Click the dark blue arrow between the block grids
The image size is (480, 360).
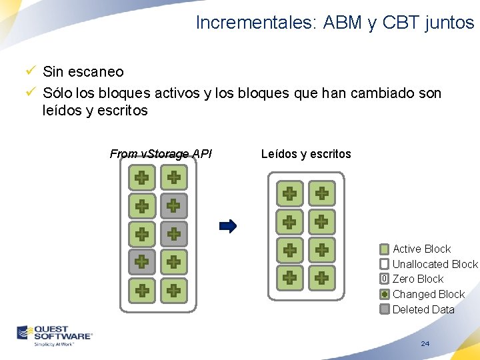click(227, 226)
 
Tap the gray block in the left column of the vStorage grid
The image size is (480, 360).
click(142, 262)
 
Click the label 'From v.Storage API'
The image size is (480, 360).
click(161, 154)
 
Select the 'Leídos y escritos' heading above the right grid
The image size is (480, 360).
click(306, 154)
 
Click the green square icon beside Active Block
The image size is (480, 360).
click(385, 249)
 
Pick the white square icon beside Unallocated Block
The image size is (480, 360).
click(385, 264)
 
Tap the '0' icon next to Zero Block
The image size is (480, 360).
click(385, 279)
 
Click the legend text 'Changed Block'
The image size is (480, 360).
click(428, 294)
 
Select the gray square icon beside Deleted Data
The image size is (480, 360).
click(385, 309)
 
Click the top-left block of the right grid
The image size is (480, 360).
click(290, 193)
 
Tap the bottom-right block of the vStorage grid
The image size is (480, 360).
click(174, 290)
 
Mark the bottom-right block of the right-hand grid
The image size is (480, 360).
click(322, 277)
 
